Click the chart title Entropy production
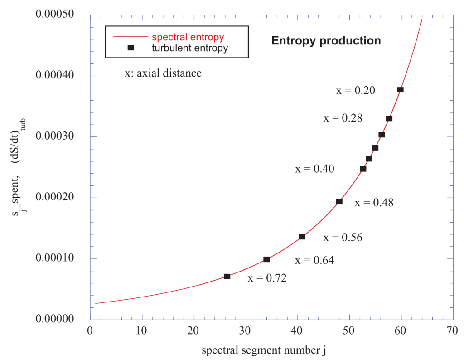pyautogui.click(x=326, y=41)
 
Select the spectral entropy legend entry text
pyautogui.click(x=188, y=36)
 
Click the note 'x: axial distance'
pyautogui.click(x=163, y=73)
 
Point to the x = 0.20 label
pyautogui.click(x=355, y=90)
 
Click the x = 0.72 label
pyautogui.click(x=267, y=278)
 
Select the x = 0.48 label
pyautogui.click(x=374, y=203)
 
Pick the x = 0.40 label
pyautogui.click(x=315, y=170)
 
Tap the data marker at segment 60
pyautogui.click(x=400, y=90)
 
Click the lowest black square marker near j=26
pyautogui.click(x=227, y=277)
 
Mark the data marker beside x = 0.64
pyautogui.click(x=266, y=259)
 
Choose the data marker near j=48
pyautogui.click(x=339, y=202)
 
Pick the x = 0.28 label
pyautogui.click(x=343, y=118)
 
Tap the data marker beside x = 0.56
pyautogui.click(x=302, y=237)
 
